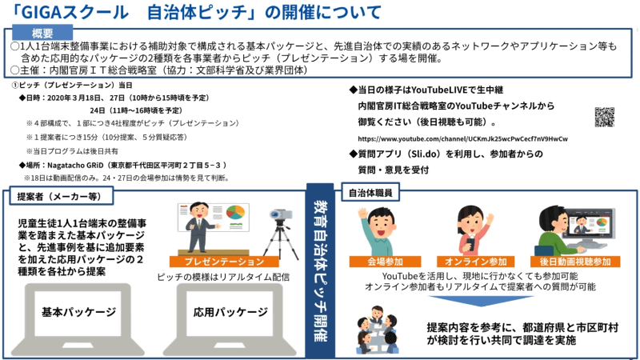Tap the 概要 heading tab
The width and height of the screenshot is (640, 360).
[42, 33]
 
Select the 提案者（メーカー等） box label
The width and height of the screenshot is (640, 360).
[54, 194]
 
